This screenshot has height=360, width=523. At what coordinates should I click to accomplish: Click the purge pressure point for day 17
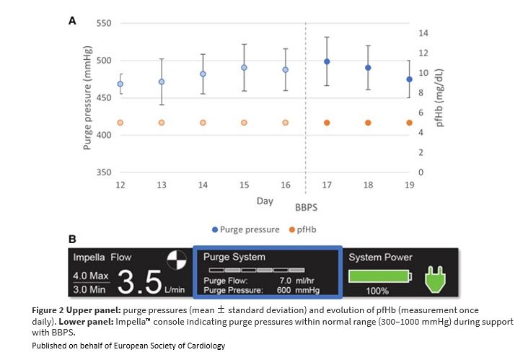click(x=327, y=62)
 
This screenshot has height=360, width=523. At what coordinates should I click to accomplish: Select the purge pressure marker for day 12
click(x=120, y=84)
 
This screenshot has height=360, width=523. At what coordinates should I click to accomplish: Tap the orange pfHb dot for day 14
click(x=203, y=123)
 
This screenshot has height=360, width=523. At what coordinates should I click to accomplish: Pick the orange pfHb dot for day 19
click(x=409, y=123)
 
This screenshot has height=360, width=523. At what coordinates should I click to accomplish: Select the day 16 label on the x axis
click(x=285, y=185)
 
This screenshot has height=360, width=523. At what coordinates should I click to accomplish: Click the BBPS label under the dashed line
click(x=306, y=206)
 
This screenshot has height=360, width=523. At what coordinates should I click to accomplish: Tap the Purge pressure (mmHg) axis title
click(x=87, y=98)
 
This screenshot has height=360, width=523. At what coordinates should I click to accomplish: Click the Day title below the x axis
click(x=265, y=201)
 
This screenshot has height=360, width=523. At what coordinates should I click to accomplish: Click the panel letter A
click(x=72, y=22)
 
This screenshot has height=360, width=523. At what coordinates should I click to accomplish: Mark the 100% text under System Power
click(x=377, y=291)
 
